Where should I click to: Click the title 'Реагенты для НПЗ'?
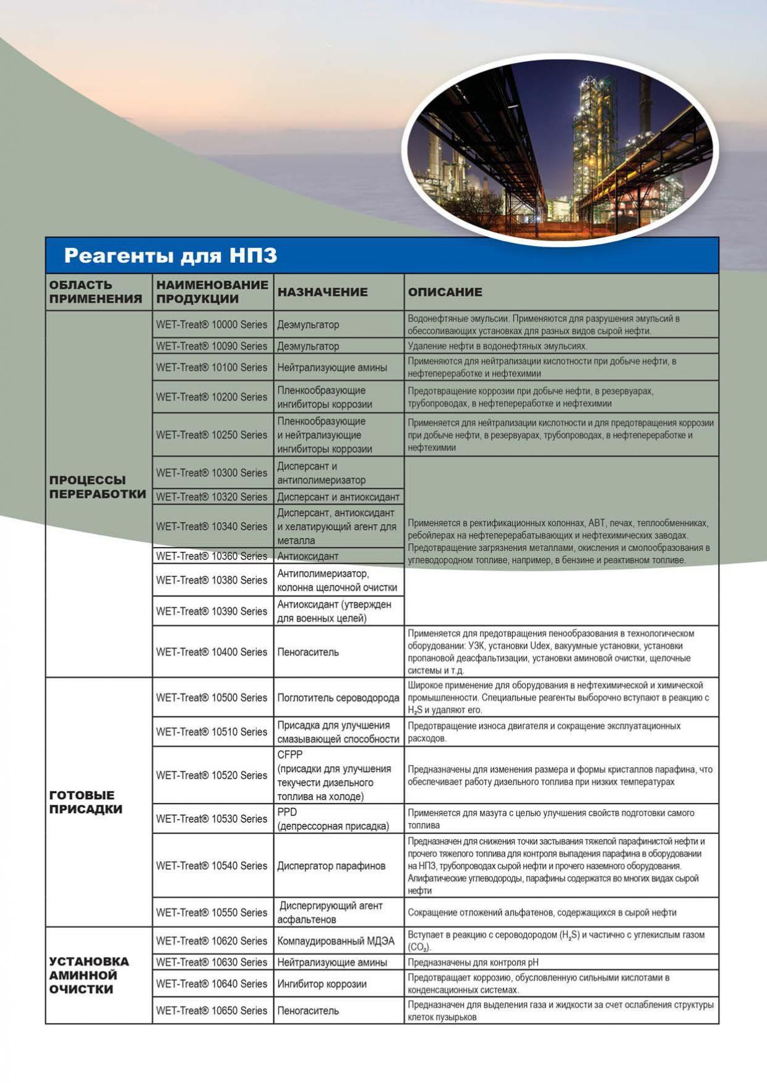point(171,255)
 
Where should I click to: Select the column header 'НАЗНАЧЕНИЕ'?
point(322,292)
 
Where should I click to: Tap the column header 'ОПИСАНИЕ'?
point(445,292)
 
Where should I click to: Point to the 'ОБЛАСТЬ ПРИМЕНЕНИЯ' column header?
point(95,292)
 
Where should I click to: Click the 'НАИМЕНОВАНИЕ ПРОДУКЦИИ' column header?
point(212,292)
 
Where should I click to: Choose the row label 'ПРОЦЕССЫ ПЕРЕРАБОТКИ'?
point(98,487)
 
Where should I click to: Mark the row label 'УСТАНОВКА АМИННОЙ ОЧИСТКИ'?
point(89,975)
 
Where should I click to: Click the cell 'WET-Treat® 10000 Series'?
point(212,325)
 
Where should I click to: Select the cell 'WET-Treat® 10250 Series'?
point(212,435)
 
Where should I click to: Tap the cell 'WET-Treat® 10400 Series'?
point(212,652)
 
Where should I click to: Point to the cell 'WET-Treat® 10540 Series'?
point(212,866)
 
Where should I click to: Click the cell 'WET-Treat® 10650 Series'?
point(212,1011)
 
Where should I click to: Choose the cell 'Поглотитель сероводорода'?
point(338,698)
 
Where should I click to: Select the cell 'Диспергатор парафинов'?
point(332,866)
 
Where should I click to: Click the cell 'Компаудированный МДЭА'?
point(336,941)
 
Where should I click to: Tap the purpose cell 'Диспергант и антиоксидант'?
point(338,497)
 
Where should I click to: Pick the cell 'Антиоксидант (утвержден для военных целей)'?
point(334,611)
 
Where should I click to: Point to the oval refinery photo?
point(560,150)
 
